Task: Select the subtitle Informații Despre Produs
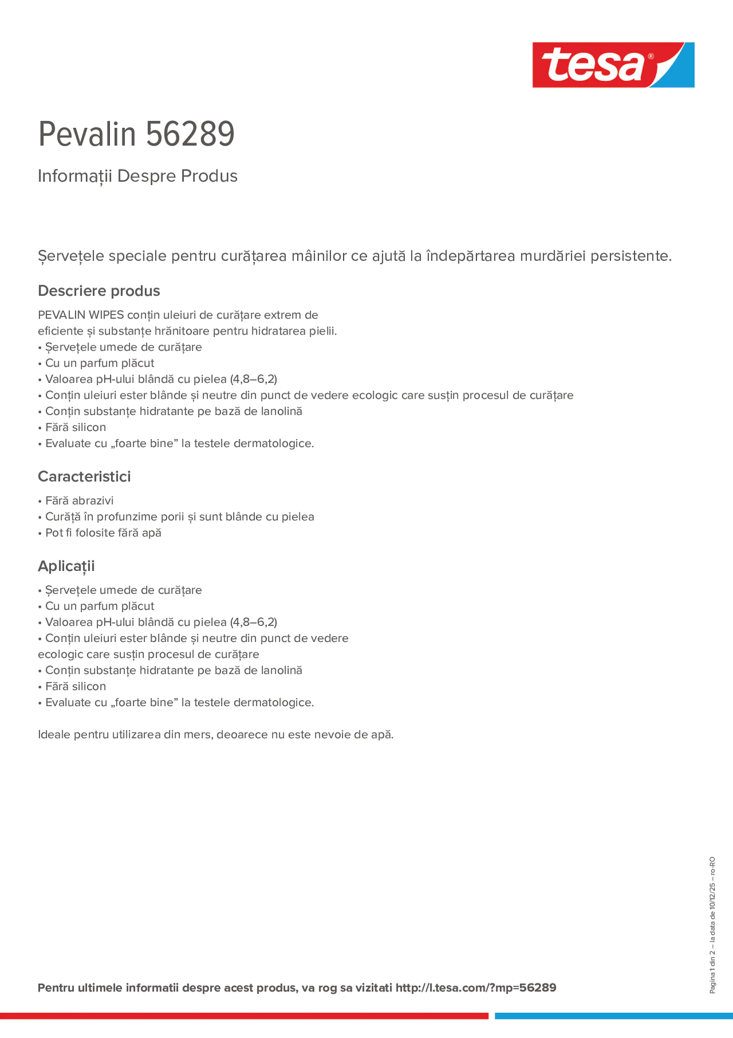point(138,176)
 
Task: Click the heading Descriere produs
point(99,291)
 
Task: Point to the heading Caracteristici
point(84,476)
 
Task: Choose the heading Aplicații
point(66,566)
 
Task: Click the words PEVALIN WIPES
point(80,315)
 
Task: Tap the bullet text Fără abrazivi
point(79,501)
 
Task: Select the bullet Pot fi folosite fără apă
point(103,532)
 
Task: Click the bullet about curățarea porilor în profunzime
point(179,517)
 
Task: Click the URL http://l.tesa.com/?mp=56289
point(475,988)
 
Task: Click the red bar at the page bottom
point(244,1016)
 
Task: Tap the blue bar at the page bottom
point(613,1016)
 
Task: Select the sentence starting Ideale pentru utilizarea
point(216,734)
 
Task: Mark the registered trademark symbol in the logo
point(651,56)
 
